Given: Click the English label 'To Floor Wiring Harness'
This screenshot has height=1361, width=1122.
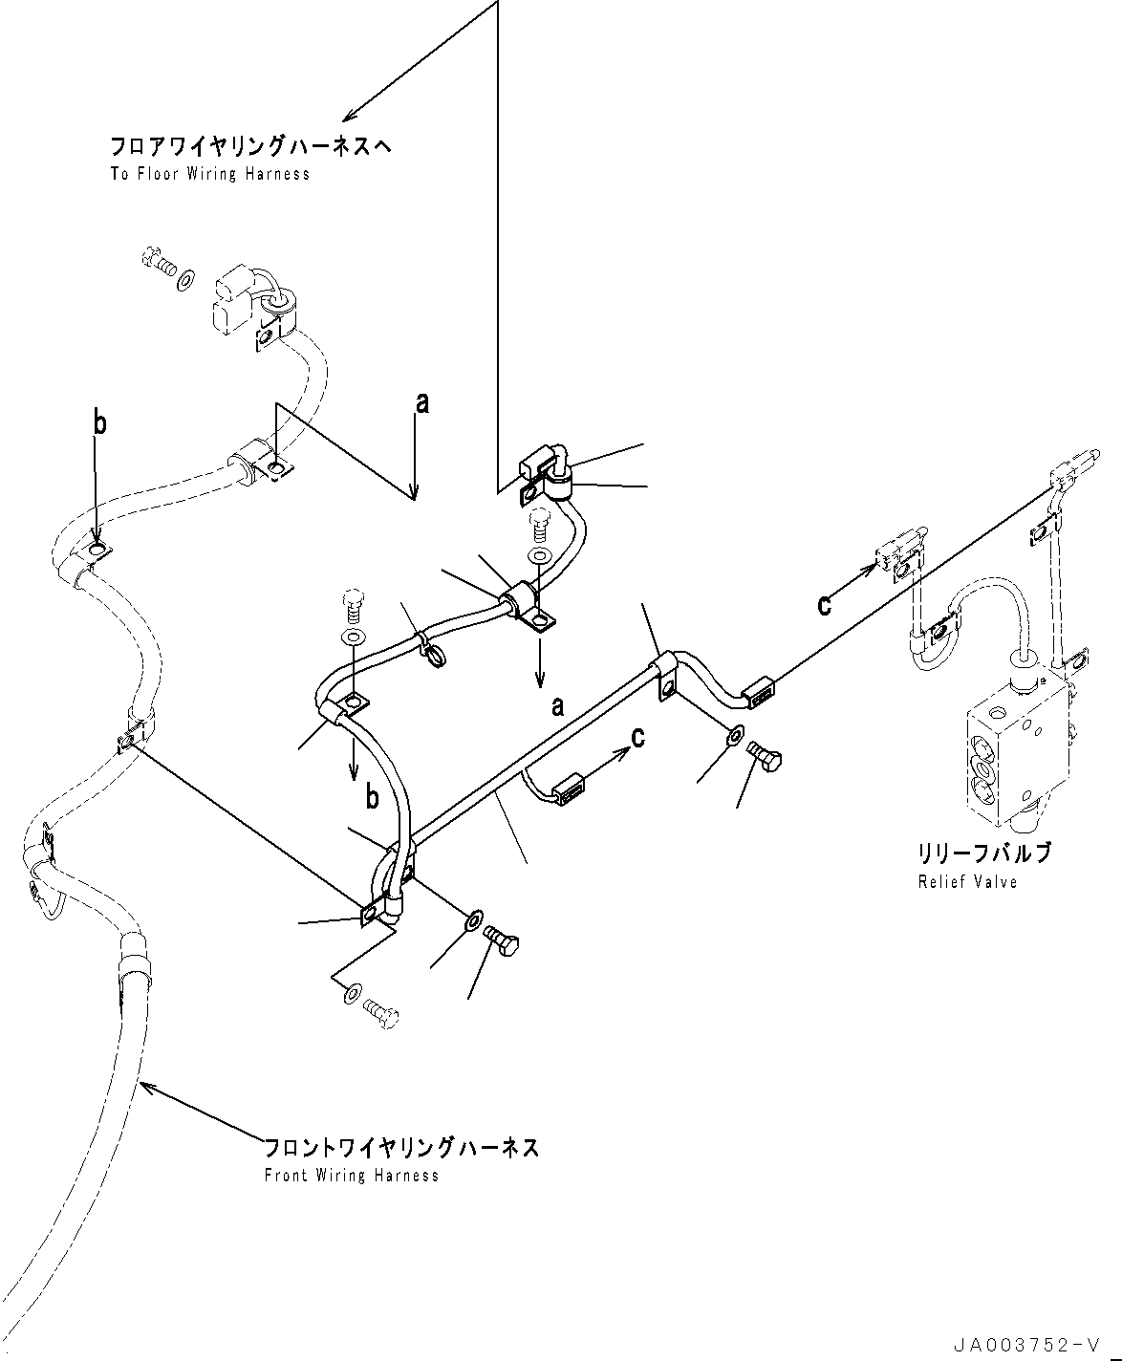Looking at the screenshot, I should tap(209, 174).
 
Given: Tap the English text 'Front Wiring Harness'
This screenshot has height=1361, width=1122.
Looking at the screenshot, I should tap(351, 1176).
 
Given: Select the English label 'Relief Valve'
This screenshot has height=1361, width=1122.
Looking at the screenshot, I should tap(967, 881).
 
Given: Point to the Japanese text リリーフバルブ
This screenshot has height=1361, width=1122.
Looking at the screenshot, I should tap(984, 853).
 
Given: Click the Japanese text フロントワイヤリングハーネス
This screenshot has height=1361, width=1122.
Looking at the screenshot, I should tap(400, 1148).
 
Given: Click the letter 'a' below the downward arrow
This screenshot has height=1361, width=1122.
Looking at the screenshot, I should tap(557, 706).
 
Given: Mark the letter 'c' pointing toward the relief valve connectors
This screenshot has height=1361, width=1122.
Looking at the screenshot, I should tap(825, 604).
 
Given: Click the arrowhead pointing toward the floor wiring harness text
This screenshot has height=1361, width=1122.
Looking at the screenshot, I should tap(350, 116).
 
